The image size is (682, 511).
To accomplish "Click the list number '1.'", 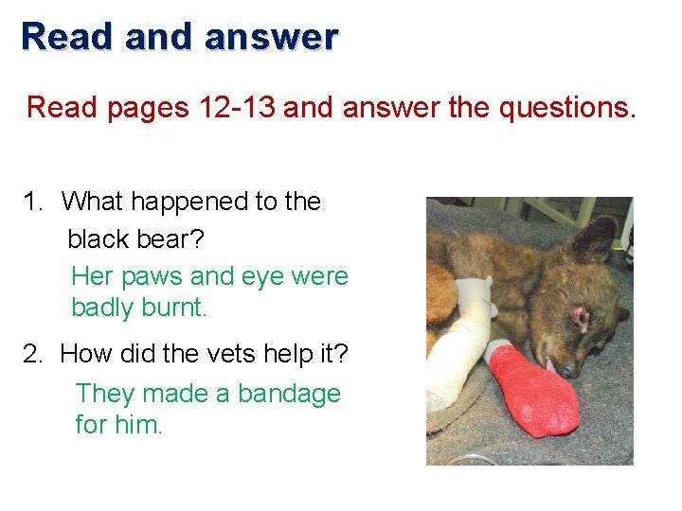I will [x=36, y=202].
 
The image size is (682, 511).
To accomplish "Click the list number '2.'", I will [x=36, y=355].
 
